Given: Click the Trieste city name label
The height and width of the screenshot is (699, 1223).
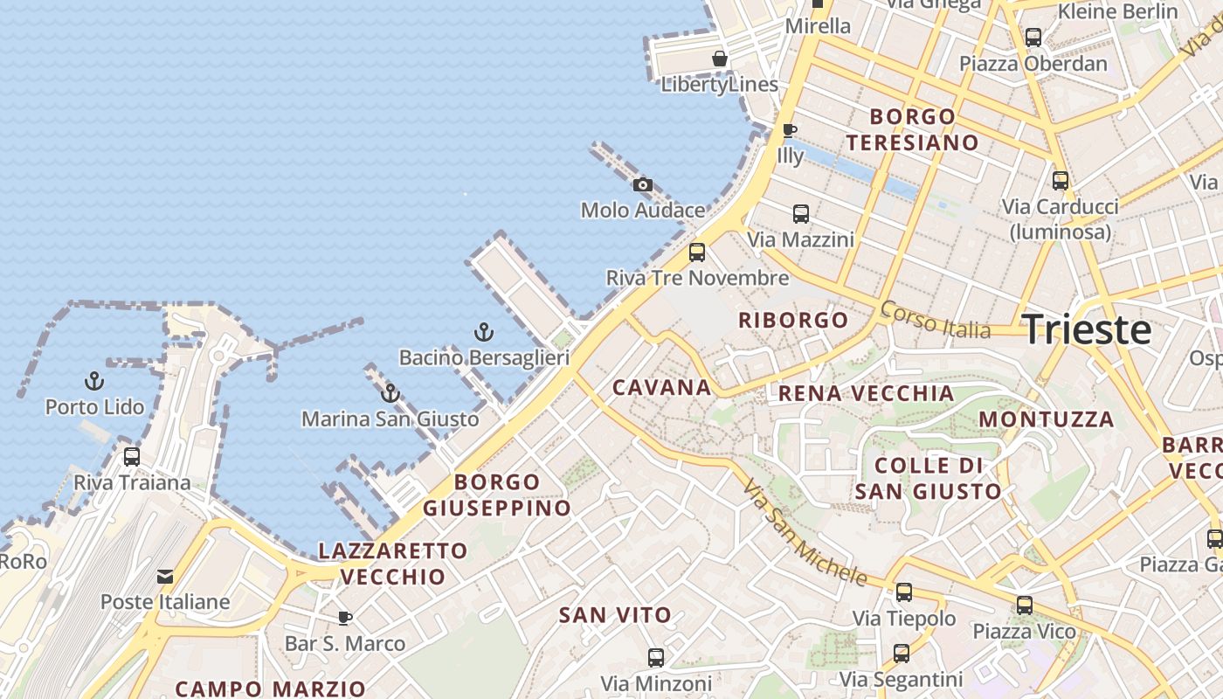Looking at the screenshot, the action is pyautogui.click(x=1087, y=330).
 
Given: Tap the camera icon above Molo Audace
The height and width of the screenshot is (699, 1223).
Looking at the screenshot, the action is pyautogui.click(x=642, y=184).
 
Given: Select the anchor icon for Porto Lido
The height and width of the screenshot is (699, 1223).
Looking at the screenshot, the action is pyautogui.click(x=93, y=381).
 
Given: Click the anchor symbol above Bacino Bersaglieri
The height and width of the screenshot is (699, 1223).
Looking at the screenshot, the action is pyautogui.click(x=483, y=332).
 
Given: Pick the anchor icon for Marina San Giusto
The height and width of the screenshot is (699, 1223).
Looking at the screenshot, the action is pyautogui.click(x=390, y=393).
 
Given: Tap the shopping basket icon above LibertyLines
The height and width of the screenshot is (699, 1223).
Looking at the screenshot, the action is pyautogui.click(x=720, y=59).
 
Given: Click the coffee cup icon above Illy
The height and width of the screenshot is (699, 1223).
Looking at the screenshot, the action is pyautogui.click(x=790, y=130).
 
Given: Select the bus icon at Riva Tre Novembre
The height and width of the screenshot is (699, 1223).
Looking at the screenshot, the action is pyautogui.click(x=697, y=253).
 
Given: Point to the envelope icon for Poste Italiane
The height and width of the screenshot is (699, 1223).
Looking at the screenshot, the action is pyautogui.click(x=165, y=577).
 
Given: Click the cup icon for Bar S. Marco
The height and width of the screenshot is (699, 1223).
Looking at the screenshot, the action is pyautogui.click(x=345, y=619).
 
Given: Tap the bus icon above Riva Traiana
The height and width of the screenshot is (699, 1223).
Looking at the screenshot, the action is pyautogui.click(x=132, y=456).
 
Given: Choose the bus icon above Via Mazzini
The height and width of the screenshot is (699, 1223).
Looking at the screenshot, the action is pyautogui.click(x=800, y=213).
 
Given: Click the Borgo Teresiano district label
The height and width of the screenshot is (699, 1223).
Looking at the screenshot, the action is pyautogui.click(x=913, y=129).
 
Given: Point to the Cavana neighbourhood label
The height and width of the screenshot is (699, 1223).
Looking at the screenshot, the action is pyautogui.click(x=662, y=387).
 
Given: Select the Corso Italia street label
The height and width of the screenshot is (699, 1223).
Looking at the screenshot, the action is pyautogui.click(x=935, y=320).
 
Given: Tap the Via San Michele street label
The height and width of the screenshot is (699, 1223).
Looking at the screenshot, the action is pyautogui.click(x=805, y=532).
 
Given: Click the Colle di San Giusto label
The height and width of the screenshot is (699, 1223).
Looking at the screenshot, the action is pyautogui.click(x=928, y=478).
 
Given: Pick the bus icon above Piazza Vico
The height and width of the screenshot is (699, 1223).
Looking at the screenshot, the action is pyautogui.click(x=1024, y=605).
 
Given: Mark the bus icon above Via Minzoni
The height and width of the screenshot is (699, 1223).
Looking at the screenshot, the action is pyautogui.click(x=656, y=657).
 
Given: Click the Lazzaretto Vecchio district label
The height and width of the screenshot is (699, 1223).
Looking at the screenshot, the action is pyautogui.click(x=393, y=564).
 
